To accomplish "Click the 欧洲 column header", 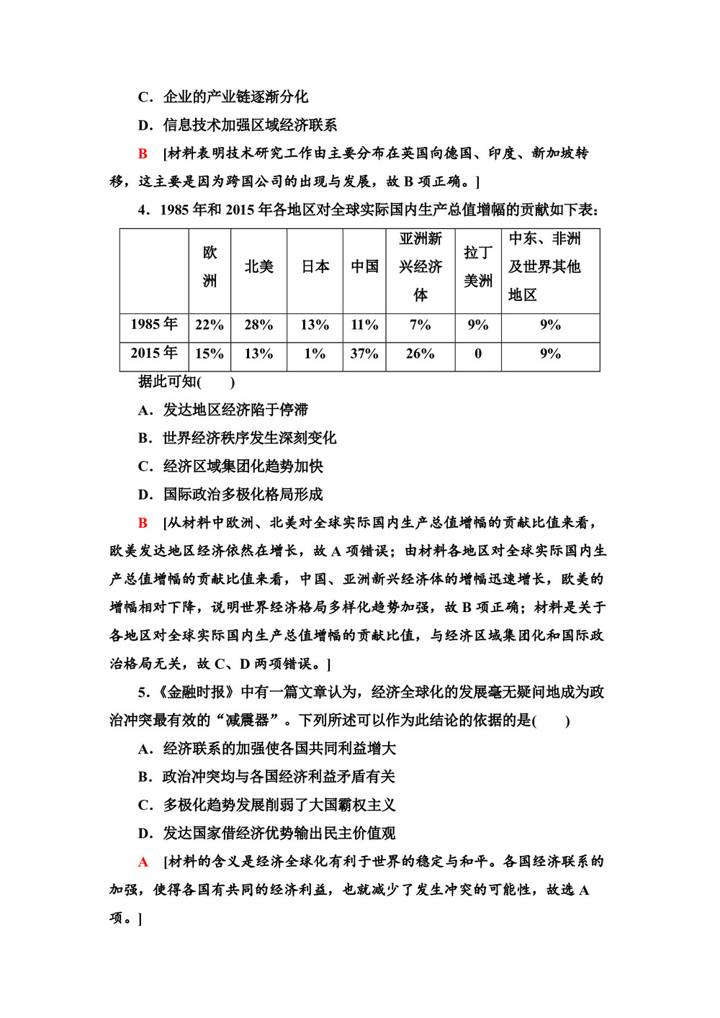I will click(x=210, y=267).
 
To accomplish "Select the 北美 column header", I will click(x=258, y=267).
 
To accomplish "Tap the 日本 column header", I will click(x=315, y=267).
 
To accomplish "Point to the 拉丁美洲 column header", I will click(x=478, y=267).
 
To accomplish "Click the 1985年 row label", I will click(x=154, y=325).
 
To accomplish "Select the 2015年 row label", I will click(x=154, y=353).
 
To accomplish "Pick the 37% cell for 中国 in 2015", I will click(x=364, y=354).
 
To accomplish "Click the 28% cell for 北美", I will click(x=258, y=325).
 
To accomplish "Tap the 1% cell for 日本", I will click(x=315, y=354).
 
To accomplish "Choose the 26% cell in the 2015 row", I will click(x=420, y=354).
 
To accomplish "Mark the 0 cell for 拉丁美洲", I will click(x=478, y=354).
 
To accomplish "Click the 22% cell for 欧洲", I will click(x=210, y=325).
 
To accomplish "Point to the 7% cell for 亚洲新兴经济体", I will click(x=420, y=325).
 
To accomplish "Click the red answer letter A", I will click(x=143, y=862).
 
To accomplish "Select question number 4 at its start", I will click(x=143, y=210).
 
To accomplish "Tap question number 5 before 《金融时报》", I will click(x=143, y=693).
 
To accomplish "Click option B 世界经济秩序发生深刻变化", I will click(x=238, y=438).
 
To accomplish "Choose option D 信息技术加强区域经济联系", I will click(x=238, y=125).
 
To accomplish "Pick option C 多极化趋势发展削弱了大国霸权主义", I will click(x=266, y=806).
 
